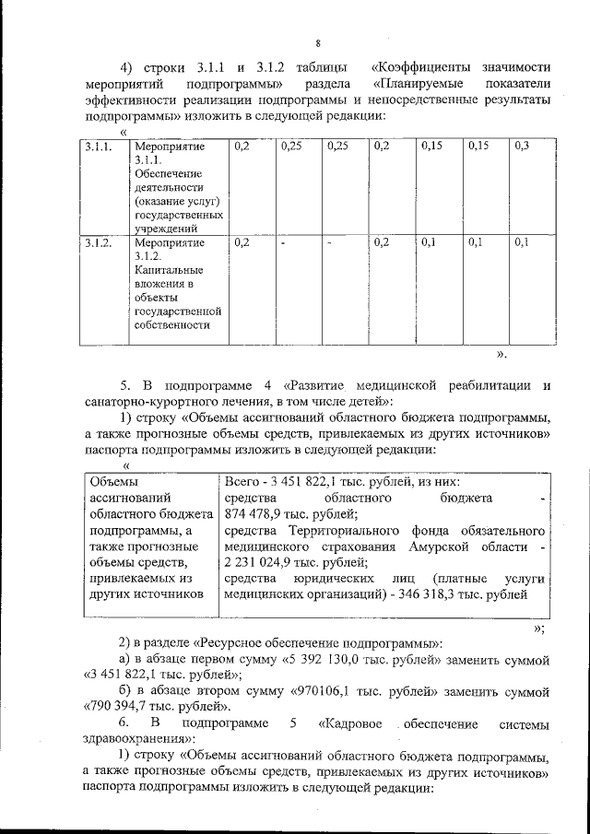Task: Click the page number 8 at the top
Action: pyautogui.click(x=317, y=43)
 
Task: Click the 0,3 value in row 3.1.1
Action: pyautogui.click(x=523, y=147)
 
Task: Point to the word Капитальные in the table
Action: pyautogui.click(x=166, y=273)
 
